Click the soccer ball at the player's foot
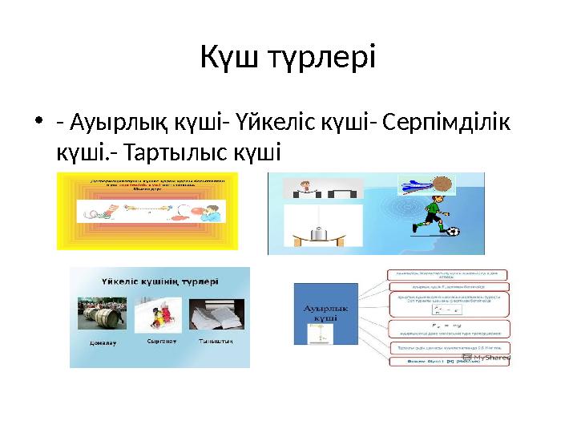(453, 233)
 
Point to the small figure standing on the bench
(305, 187)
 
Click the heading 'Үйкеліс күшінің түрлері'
(160, 282)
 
